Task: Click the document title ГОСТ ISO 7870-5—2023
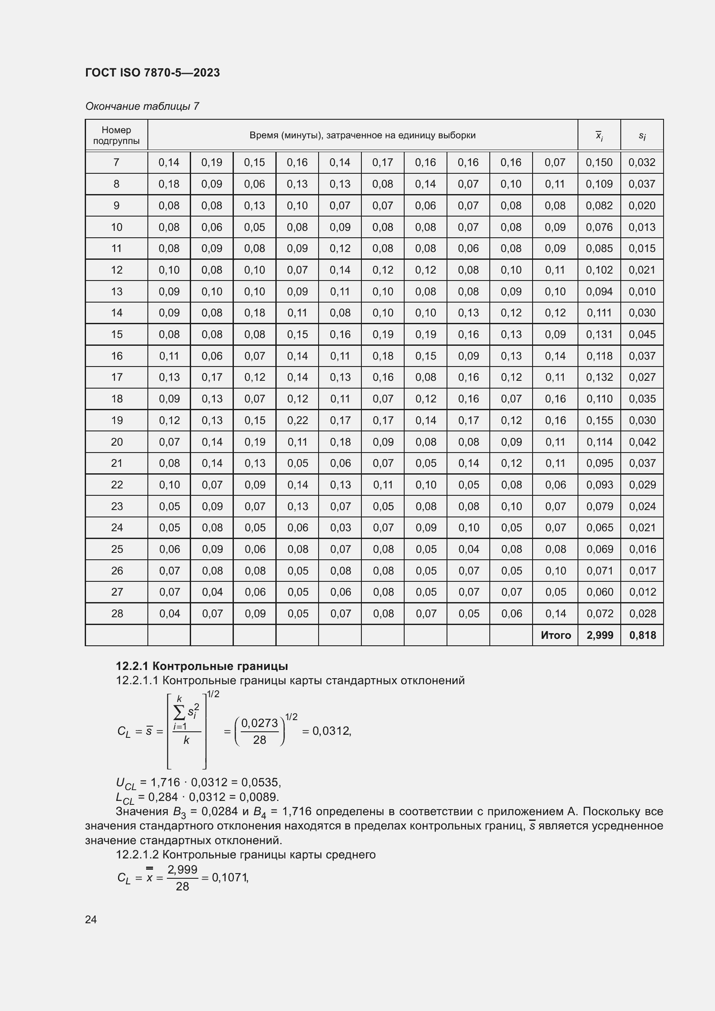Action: click(152, 73)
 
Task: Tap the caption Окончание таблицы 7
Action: click(142, 106)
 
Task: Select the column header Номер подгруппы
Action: click(116, 135)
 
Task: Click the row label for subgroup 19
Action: click(117, 420)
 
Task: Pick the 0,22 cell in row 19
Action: click(297, 420)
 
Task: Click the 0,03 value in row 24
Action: click(340, 527)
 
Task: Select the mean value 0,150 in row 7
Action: click(599, 163)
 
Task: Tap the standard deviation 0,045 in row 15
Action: click(642, 334)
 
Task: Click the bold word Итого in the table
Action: click(555, 635)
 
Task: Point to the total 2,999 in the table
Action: click(600, 635)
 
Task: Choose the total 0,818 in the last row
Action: click(642, 635)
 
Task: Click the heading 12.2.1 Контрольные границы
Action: click(201, 666)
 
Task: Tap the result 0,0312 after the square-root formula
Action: click(331, 731)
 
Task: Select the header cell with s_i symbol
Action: click(642, 136)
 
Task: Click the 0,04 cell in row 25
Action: click(469, 549)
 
